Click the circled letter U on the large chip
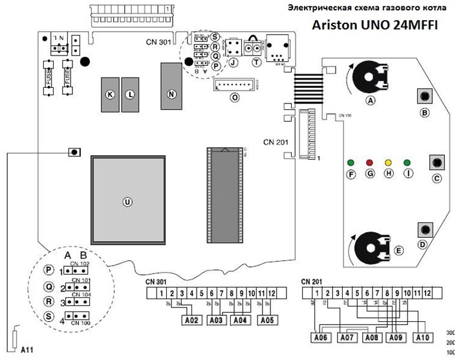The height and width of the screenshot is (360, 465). [127, 202]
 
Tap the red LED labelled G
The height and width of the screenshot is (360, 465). [370, 162]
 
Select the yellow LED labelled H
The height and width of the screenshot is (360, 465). [389, 162]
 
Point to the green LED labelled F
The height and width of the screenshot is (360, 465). [351, 162]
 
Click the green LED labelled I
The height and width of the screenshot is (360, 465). [407, 162]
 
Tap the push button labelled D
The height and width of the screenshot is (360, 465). [426, 229]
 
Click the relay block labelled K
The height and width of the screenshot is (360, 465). [110, 94]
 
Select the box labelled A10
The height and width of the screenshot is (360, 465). [422, 337]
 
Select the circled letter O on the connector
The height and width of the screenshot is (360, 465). [235, 97]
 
